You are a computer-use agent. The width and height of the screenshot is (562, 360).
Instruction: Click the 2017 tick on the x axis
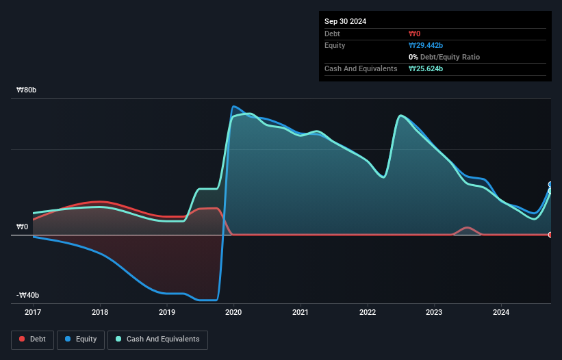click(33, 313)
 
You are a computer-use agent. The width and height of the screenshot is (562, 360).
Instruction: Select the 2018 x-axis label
click(100, 313)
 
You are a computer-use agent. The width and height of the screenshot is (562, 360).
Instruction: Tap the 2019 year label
click(166, 313)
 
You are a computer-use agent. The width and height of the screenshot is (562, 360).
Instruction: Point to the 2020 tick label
click(233, 313)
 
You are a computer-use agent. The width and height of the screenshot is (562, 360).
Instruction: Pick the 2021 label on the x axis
click(301, 313)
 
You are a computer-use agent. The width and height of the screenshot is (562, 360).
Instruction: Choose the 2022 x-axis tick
click(368, 313)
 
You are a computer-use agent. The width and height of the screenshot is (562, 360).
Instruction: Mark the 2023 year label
click(434, 313)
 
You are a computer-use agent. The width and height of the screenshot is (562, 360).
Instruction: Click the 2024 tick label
click(501, 313)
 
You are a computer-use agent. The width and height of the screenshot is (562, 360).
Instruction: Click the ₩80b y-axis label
click(27, 90)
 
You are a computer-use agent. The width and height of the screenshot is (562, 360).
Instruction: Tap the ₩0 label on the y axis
click(23, 227)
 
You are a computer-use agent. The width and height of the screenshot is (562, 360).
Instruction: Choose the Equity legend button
click(81, 339)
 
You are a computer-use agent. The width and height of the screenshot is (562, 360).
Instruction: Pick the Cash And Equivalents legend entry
click(157, 339)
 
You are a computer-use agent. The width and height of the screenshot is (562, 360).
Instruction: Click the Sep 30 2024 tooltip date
click(345, 21)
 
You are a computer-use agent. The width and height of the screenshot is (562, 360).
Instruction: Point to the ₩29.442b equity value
click(426, 45)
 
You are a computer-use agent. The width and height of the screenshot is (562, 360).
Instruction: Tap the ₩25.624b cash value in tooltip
click(426, 68)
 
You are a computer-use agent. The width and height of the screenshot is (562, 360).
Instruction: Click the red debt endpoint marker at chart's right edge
click(550, 235)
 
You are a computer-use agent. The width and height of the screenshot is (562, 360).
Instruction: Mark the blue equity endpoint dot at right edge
click(550, 185)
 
